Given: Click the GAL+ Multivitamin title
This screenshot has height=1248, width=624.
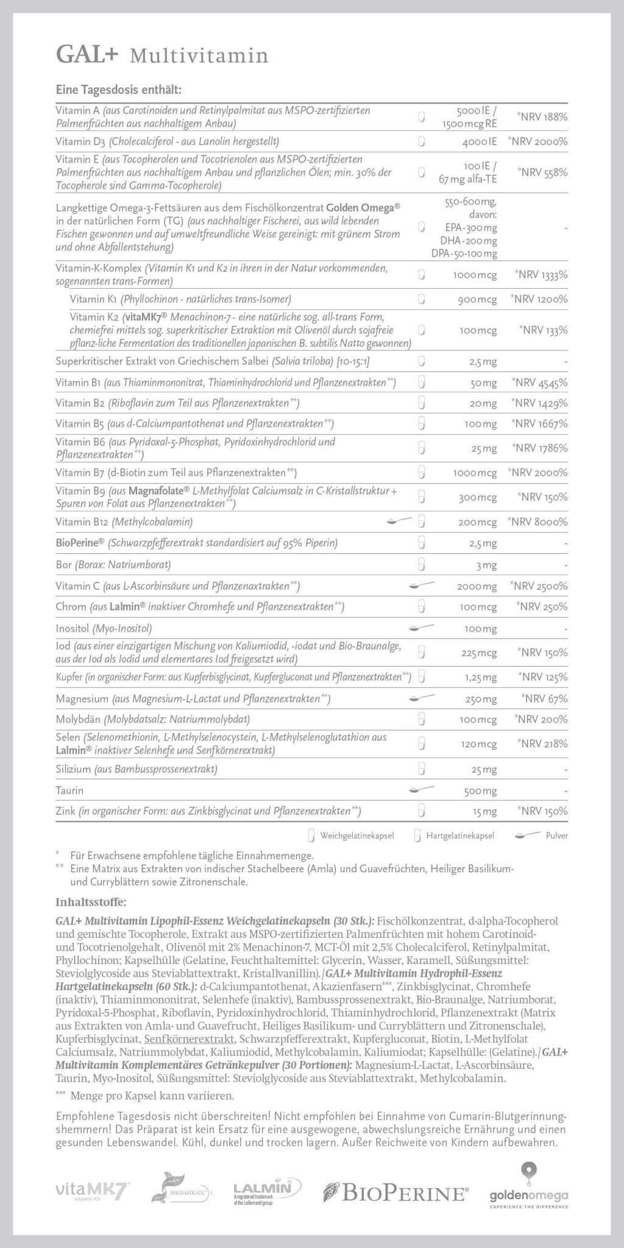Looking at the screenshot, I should tap(161, 55).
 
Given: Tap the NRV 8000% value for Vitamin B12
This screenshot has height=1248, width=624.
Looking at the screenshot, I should tap(537, 522).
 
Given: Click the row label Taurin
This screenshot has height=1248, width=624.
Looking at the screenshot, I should tap(69, 790).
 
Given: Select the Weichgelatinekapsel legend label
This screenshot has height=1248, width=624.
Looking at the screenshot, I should tap(357, 835).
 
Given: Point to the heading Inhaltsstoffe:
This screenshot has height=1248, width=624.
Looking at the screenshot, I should tap(91, 901).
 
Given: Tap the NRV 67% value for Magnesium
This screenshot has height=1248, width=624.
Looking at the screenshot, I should tap(544, 698).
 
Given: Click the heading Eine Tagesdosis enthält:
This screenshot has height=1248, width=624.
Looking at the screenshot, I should tap(118, 90).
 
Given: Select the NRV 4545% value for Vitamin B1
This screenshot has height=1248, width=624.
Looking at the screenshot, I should tap(539, 383).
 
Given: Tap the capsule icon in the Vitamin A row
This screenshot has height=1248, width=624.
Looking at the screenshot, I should tap(421, 116).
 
